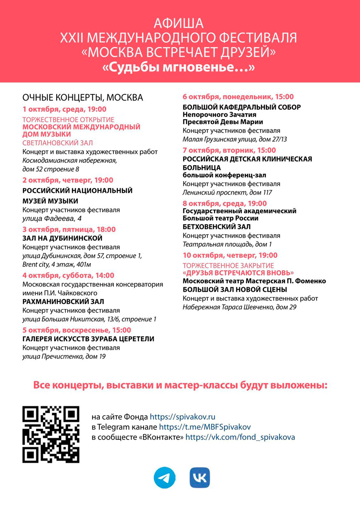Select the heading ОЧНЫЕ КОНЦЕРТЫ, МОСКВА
point(83,98)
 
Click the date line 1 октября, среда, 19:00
point(65,109)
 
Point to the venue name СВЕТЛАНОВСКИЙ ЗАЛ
point(58,142)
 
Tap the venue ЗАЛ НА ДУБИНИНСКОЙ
point(62,238)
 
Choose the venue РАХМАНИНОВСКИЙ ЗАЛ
point(63,301)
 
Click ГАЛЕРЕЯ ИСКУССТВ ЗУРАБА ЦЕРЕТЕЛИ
point(88,339)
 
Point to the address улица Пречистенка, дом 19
point(64,356)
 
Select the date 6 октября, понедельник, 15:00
point(238,97)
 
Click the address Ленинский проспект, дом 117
point(227,192)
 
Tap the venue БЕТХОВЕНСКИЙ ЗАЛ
point(216,227)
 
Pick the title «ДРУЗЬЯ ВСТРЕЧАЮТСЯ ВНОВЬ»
point(238,273)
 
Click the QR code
point(51,435)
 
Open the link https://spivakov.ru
point(182,417)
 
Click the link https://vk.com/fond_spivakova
point(240,437)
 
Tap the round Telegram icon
point(164,478)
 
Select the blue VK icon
point(200,478)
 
